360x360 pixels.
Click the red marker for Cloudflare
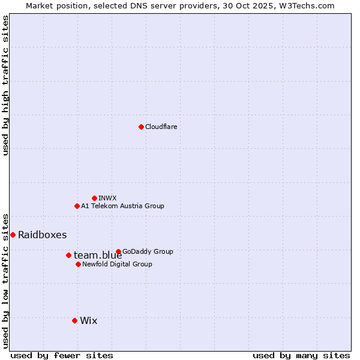tap(141, 127)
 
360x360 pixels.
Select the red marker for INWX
tap(94, 198)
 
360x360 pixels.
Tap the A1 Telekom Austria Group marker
tap(77, 206)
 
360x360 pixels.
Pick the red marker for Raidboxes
tap(13, 235)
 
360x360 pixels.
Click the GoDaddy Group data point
tap(118, 251)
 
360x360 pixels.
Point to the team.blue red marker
tap(68, 255)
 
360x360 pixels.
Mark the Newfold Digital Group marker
tap(78, 264)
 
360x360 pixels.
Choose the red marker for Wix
tap(74, 320)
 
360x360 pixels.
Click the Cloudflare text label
tap(161, 127)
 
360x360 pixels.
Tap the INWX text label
tap(107, 198)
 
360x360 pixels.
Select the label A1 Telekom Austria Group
tap(122, 206)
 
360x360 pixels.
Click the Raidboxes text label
tap(42, 235)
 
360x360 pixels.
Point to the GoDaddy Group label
tap(147, 251)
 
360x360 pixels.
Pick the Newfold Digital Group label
tap(117, 264)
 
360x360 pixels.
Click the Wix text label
tap(88, 320)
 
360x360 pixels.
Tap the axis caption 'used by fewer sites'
tap(62, 355)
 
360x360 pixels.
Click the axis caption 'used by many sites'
tap(301, 355)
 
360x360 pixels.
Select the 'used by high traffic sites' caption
tap(5, 85)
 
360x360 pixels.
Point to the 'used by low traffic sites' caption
tap(5, 280)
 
